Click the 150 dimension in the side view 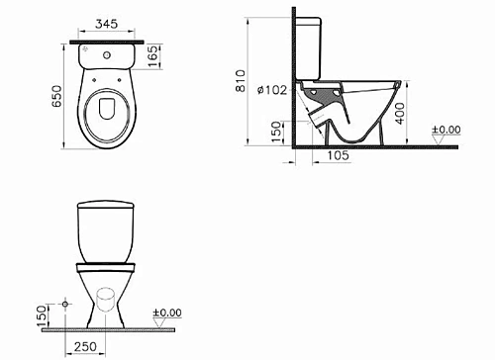[x=276, y=129]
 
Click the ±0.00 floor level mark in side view [x=448, y=129]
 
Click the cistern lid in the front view [x=106, y=209]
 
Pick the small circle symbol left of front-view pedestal [x=65, y=300]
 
